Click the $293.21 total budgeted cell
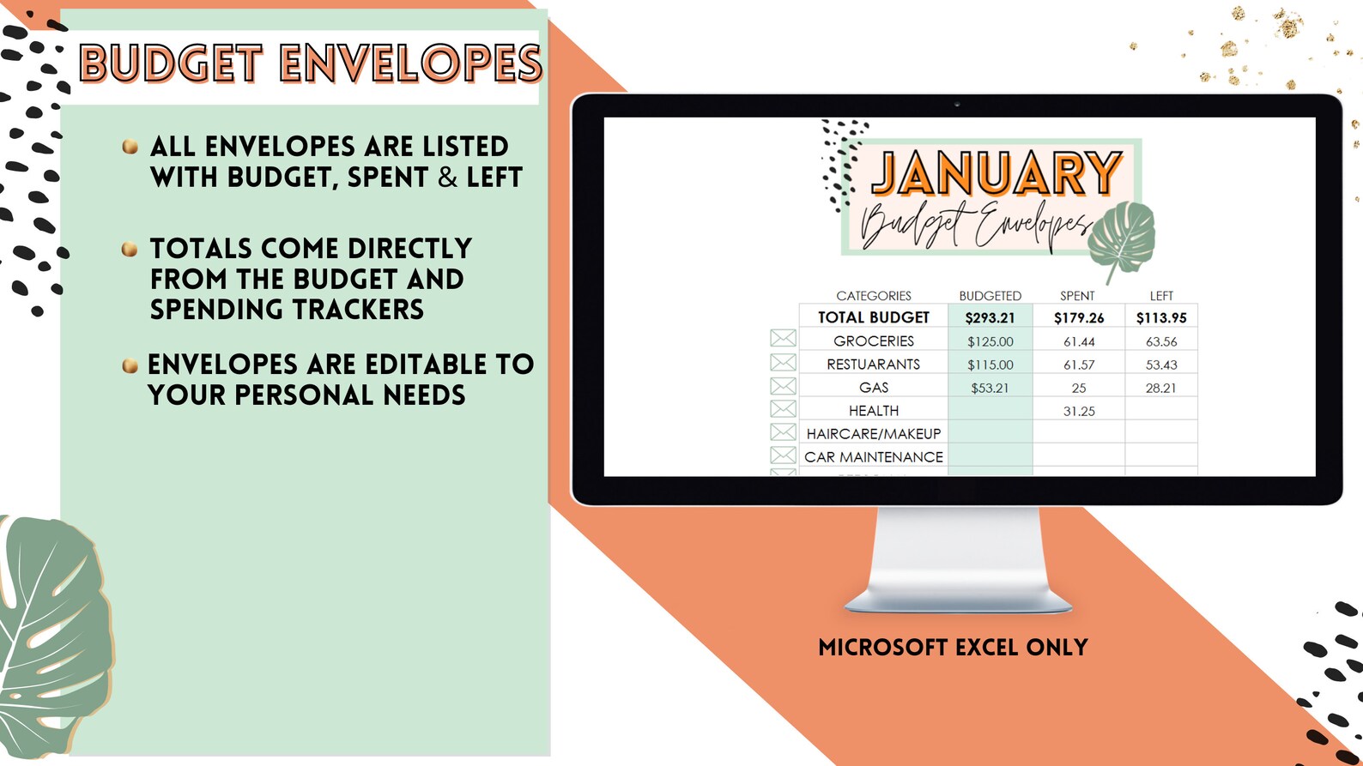[990, 317]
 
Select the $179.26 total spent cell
[1079, 317]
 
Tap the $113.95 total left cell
[1161, 317]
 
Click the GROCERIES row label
[874, 341]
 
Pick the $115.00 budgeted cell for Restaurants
[990, 365]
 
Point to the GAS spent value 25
[1079, 388]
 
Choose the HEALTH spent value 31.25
[1079, 411]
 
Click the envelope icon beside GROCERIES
[783, 339]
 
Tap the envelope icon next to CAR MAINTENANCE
[783, 455]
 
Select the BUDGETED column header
[990, 296]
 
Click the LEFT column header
[1161, 296]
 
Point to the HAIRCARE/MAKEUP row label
[874, 434]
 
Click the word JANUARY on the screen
[997, 174]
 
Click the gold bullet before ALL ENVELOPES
[130, 147]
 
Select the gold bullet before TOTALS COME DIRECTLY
[130, 250]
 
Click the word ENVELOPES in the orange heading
[410, 64]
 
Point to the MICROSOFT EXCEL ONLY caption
[953, 648]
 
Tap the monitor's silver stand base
[958, 601]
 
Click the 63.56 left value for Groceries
[1161, 341]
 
